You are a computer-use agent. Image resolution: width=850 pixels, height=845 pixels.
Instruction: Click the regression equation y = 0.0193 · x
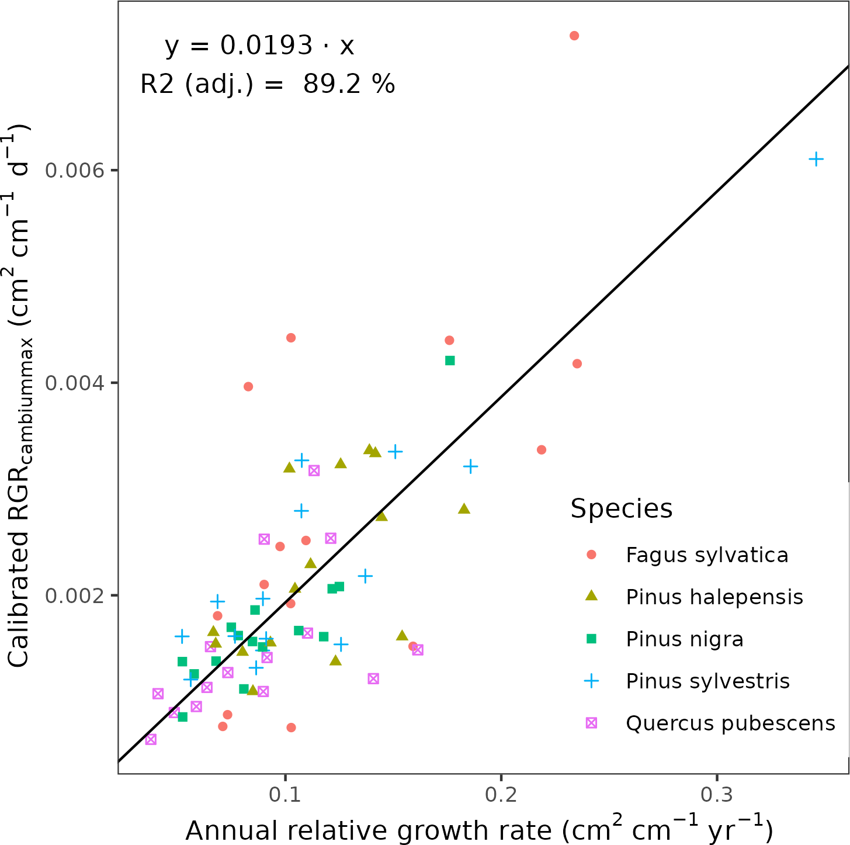[259, 46]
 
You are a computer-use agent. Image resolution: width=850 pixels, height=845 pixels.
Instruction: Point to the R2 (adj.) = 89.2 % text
[268, 84]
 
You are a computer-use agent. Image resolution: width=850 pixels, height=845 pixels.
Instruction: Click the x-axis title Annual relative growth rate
[479, 830]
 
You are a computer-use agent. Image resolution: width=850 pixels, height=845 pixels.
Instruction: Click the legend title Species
[621, 508]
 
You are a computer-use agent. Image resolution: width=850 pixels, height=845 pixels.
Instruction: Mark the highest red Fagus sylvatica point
[574, 36]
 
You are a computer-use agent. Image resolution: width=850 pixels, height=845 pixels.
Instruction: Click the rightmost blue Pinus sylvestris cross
[816, 159]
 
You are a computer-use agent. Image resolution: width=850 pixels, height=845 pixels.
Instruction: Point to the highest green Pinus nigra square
[450, 361]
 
